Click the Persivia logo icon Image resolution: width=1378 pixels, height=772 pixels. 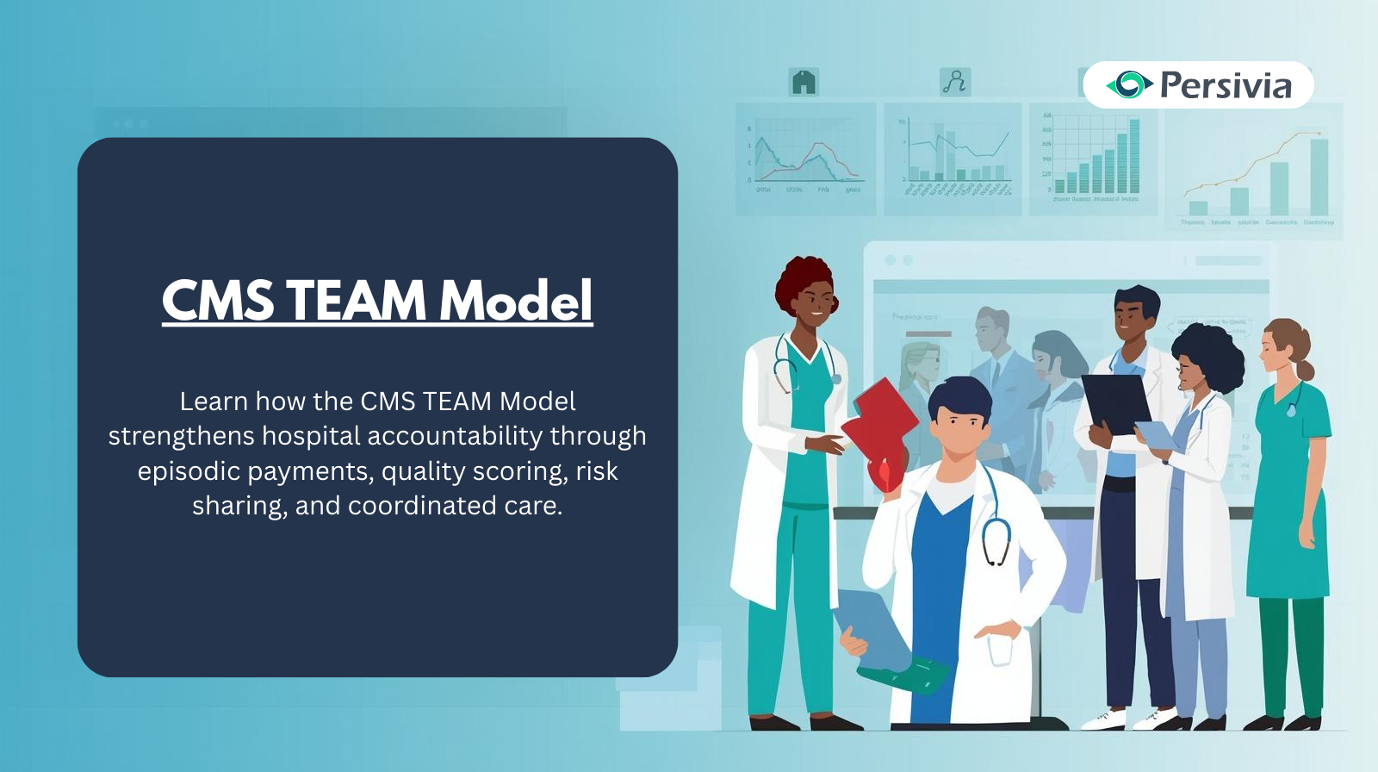(x=1129, y=84)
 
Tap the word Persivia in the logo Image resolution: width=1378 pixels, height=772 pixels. (x=1226, y=85)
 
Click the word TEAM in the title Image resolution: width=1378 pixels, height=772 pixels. (x=355, y=301)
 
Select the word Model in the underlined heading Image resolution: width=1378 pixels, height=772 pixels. (x=516, y=301)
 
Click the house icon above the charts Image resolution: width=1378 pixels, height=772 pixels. (x=804, y=83)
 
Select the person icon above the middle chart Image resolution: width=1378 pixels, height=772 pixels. (x=954, y=83)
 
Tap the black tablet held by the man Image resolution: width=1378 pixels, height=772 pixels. (x=1117, y=400)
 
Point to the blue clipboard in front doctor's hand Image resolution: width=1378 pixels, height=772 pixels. (x=870, y=625)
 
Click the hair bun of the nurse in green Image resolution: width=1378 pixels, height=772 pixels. (x=1306, y=370)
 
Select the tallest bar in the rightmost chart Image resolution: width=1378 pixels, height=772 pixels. (x=1319, y=177)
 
